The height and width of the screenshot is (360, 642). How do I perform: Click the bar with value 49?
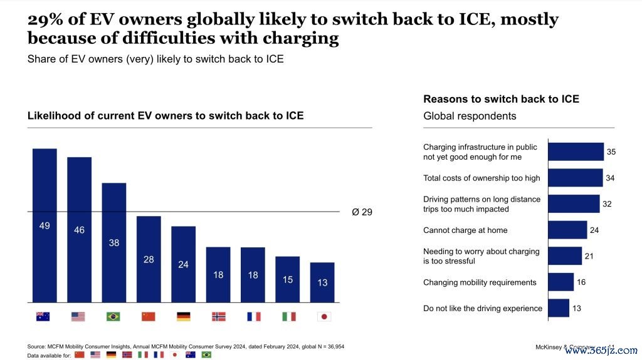coord(45,225)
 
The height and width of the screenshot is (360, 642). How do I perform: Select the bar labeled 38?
coord(114,242)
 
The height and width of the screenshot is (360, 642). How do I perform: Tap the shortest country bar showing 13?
coord(322,282)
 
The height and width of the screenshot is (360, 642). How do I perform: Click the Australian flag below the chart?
coord(43,317)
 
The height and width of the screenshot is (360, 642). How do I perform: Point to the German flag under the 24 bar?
coord(183,317)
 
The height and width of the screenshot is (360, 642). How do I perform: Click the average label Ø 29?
coord(362,212)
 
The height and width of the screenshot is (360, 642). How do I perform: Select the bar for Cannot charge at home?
coord(567,230)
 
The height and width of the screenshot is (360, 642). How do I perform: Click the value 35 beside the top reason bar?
coord(611,152)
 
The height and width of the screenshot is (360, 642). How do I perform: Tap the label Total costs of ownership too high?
coord(481,178)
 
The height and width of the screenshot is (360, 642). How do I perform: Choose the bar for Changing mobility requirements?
coord(560,282)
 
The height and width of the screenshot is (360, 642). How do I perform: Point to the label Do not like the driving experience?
coord(483,308)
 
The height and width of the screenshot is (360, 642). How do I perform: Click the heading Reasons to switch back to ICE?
coord(501,99)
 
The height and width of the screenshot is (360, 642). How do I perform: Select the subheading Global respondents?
coord(470,116)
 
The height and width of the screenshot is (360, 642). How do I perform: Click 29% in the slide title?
coord(44,19)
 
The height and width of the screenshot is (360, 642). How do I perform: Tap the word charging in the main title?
coord(306,39)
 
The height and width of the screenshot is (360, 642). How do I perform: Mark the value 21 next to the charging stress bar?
coord(589,256)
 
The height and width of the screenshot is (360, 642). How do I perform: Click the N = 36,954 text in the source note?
coord(325,346)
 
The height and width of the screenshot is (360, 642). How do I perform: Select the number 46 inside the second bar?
coord(79,230)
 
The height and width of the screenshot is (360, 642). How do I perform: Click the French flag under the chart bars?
coord(253,317)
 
